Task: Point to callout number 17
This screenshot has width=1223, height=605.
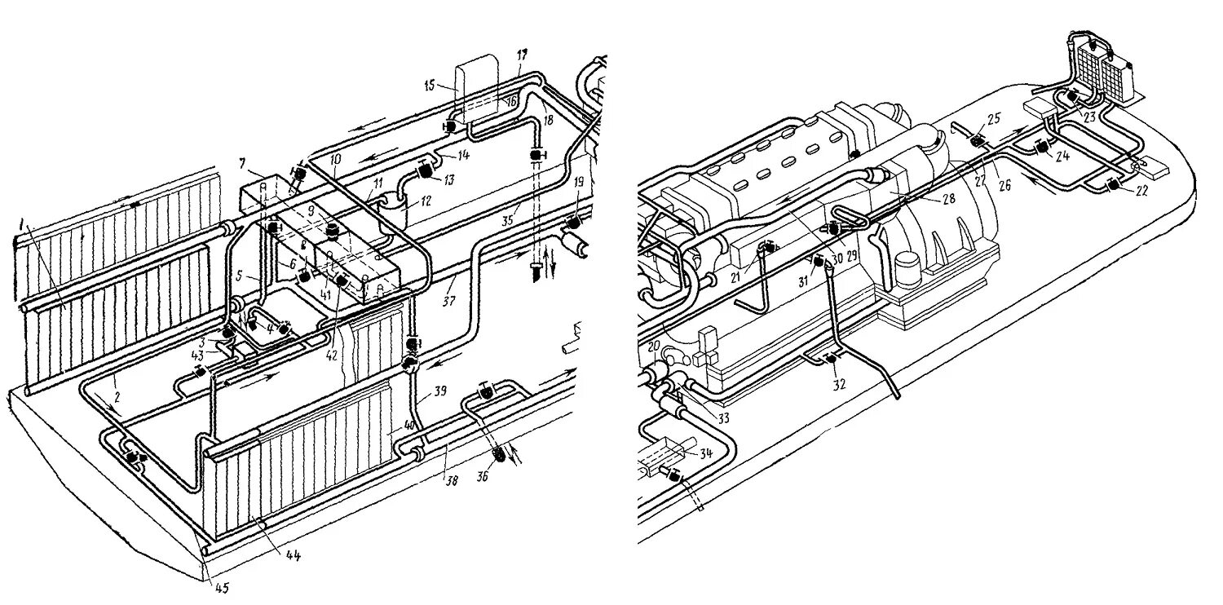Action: [x=521, y=54]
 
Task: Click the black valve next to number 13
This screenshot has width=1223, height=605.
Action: [x=425, y=171]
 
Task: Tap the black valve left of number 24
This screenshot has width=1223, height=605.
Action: [x=1040, y=148]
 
